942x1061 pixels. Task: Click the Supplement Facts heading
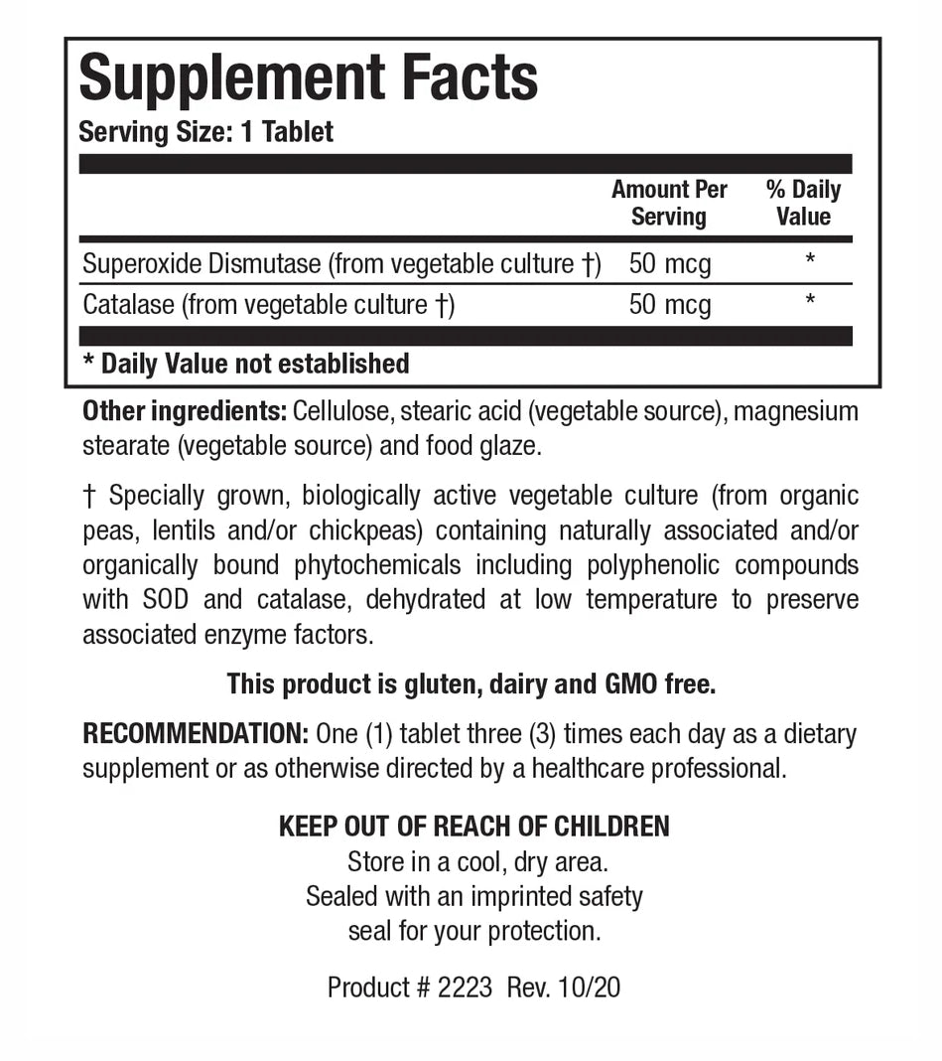tap(308, 78)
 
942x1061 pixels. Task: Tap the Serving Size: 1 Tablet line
tap(205, 132)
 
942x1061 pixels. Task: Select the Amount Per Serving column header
tap(669, 203)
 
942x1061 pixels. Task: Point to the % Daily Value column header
tap(803, 203)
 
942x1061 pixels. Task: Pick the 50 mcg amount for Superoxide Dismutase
tap(670, 264)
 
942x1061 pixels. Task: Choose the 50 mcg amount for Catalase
tap(670, 304)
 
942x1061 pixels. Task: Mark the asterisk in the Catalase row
tap(810, 301)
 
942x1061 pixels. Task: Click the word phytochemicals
tap(377, 565)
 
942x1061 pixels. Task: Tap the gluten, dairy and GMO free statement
tap(471, 683)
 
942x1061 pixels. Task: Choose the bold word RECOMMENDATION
tap(195, 734)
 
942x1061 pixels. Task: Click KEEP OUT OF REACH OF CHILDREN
tap(473, 827)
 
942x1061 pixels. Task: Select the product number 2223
tap(464, 987)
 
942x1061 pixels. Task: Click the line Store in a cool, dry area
tap(475, 861)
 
